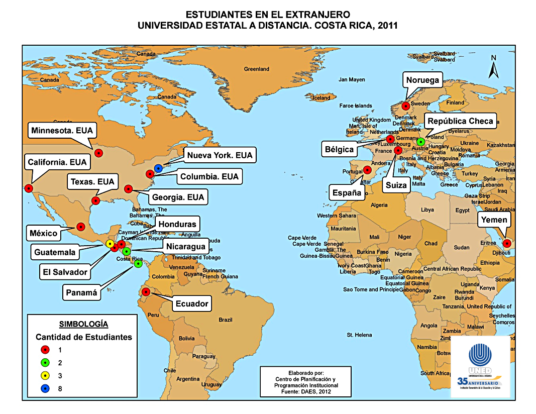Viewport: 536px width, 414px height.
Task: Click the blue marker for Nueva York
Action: (159, 168)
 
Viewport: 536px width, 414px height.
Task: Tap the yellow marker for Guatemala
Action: (110, 244)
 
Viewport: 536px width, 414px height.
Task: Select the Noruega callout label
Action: (422, 80)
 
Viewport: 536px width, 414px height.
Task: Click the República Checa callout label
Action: (460, 121)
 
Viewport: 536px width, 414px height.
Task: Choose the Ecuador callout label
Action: (191, 303)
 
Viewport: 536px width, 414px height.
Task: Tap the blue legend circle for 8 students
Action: (45, 388)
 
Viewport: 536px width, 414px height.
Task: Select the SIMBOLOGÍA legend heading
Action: (83, 324)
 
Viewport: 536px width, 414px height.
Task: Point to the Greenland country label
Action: (257, 69)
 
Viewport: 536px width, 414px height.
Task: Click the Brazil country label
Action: (226, 320)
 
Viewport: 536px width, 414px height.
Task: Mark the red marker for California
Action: (29, 188)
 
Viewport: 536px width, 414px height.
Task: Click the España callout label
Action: (346, 192)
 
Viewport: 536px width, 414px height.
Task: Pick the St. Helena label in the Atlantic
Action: (359, 335)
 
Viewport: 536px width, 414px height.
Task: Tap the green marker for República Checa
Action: (420, 141)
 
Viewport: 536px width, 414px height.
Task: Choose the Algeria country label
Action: (379, 205)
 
